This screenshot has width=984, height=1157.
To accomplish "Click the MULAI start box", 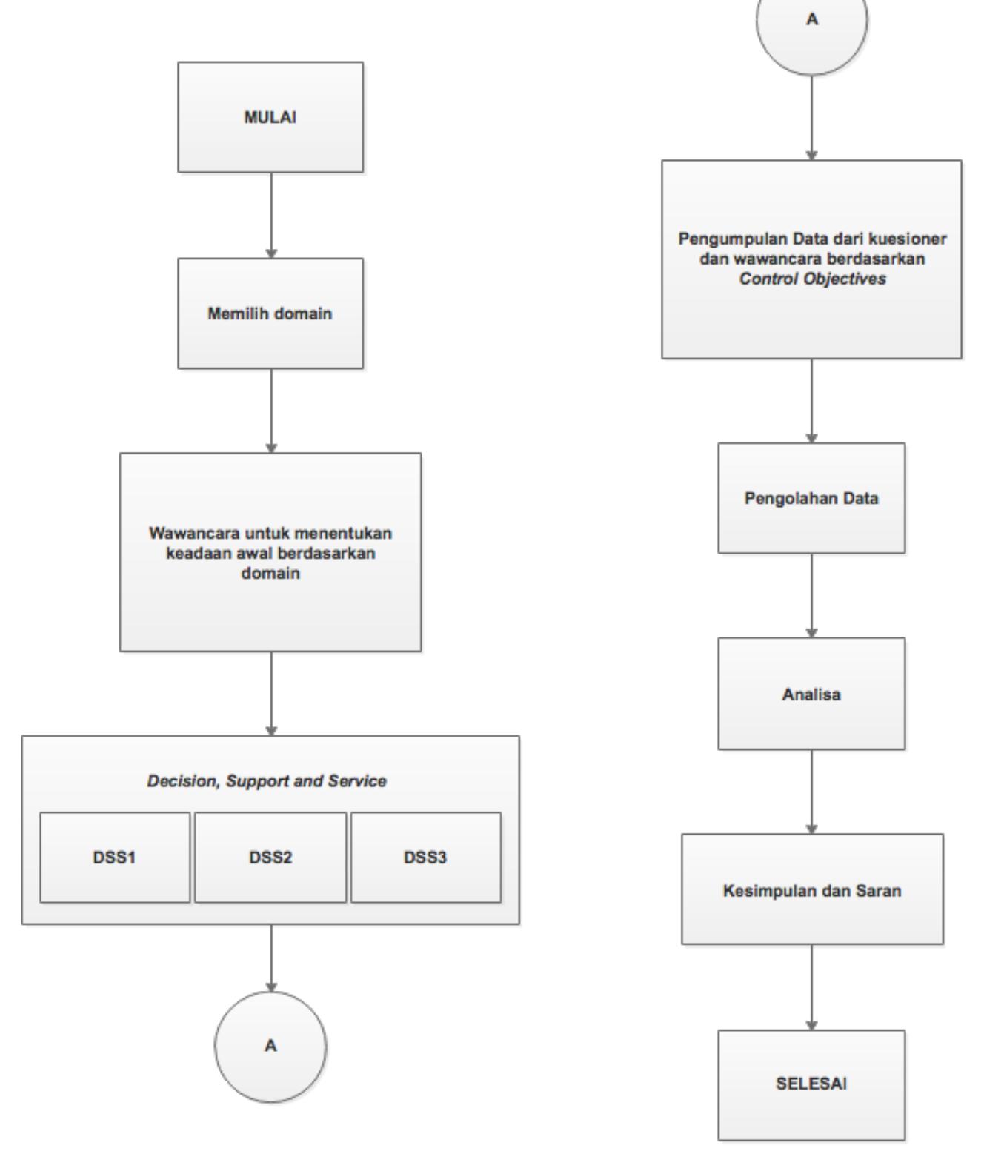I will click(270, 117).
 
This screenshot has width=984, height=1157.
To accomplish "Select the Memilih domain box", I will click(270, 313).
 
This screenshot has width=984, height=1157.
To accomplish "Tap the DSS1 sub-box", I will click(115, 858).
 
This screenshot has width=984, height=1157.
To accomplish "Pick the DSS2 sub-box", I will click(270, 858).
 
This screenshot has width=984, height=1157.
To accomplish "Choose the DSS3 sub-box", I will click(425, 858).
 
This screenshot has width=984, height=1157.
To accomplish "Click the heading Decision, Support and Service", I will click(267, 781).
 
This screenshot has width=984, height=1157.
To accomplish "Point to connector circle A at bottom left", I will click(270, 1045).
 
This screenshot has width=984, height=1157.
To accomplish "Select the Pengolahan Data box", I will click(811, 498).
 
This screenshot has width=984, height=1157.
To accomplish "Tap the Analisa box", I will click(811, 694).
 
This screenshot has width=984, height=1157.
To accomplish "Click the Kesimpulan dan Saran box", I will click(812, 889).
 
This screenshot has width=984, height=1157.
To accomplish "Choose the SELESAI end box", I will click(811, 1084).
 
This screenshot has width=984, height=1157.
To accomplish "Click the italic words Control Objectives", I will click(812, 280).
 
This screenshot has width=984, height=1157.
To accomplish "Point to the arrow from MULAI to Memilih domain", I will click(271, 215).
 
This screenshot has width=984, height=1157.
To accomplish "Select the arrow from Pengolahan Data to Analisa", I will click(811, 595).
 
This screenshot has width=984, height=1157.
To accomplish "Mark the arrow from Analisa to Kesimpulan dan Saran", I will click(811, 791).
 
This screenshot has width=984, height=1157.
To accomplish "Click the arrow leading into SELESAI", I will click(811, 987).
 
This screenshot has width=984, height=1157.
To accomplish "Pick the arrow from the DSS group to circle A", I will click(271, 958).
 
